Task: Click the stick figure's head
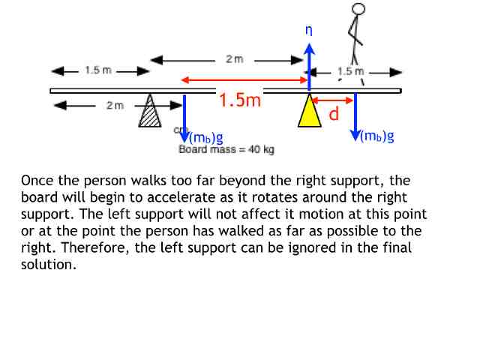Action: (358, 9)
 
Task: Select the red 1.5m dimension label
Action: (239, 100)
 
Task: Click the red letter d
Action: (334, 114)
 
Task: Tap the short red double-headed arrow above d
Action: (333, 100)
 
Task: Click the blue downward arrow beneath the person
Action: (355, 116)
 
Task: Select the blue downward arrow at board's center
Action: (185, 116)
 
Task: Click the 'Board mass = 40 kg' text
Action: (226, 150)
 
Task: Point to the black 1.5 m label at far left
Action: (97, 70)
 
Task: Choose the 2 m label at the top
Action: (234, 59)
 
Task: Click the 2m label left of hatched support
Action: (115, 106)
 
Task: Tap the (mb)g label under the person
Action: (378, 136)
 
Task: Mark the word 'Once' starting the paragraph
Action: (35, 181)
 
